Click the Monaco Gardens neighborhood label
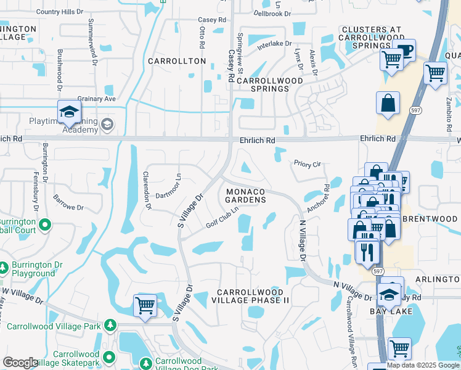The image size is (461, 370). coord(245,195)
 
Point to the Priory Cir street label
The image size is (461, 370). coord(308,165)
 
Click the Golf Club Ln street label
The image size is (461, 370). coord(222,220)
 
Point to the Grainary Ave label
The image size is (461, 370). coord(97,99)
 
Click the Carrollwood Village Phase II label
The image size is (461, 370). coord(250,296)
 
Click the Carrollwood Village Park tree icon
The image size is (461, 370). coord(110,324)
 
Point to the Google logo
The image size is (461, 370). coord(20,363)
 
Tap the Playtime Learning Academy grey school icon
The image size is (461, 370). coord(107,125)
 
